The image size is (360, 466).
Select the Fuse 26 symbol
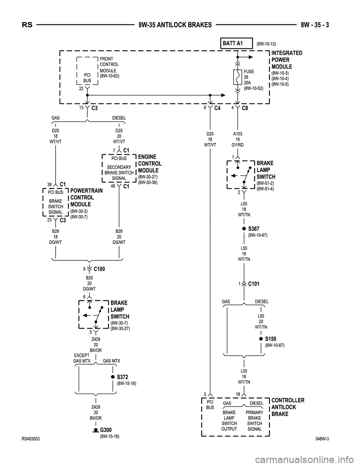click(237, 77)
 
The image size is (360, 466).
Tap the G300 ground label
click(106, 430)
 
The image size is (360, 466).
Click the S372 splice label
click(123, 377)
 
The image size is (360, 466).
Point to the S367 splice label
click(253, 228)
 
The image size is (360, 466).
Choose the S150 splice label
click(270, 339)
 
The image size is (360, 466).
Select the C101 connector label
click(253, 284)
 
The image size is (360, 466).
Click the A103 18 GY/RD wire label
click(238, 139)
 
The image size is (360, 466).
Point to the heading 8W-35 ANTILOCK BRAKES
click(175, 25)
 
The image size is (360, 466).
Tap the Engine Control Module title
click(150, 164)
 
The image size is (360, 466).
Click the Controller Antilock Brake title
click(288, 407)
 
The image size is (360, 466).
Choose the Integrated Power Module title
click(286, 60)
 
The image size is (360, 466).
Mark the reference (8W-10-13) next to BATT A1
click(266, 44)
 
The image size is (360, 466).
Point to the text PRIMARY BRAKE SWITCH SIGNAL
click(255, 421)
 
